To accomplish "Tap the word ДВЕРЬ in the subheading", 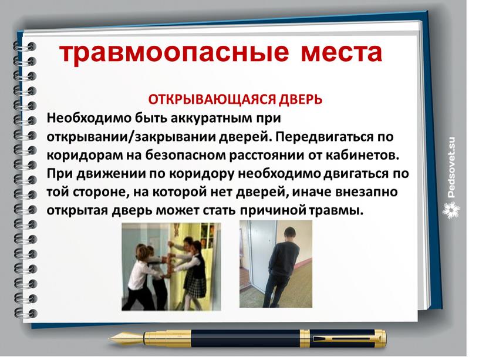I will (303, 99).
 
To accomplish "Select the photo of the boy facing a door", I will (275, 264).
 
